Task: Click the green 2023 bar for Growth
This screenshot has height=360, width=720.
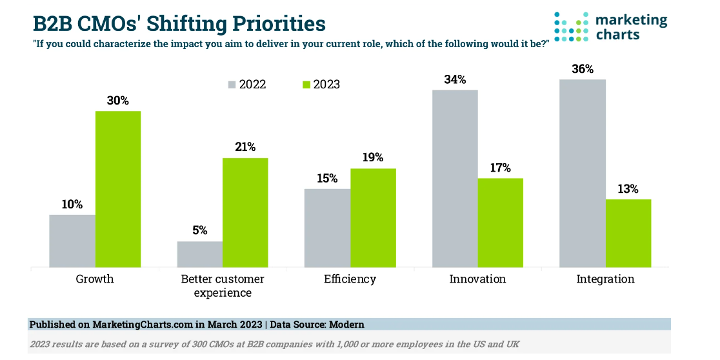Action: pos(118,189)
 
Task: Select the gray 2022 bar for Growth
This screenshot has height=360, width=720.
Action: pos(72,241)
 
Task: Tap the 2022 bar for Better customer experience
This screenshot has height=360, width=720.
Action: pos(200,254)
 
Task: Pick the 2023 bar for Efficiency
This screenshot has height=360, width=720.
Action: pos(373,217)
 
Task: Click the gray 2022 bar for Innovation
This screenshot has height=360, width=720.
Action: pos(455,178)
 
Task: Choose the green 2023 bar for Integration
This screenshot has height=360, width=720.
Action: pos(628,233)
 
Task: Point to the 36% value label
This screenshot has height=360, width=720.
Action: pos(583,69)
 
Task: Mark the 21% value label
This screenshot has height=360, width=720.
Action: pos(245,147)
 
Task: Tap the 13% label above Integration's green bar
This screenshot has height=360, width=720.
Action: pos(628,189)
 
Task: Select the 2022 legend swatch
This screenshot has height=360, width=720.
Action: pos(232,85)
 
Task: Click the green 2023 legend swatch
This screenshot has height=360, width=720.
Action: pos(306,85)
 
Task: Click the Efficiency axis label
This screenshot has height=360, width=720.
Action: pos(350,279)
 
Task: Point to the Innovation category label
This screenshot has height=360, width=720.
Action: pos(477,279)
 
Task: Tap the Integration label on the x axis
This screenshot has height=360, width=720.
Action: pos(605,279)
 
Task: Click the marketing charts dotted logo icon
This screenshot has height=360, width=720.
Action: pos(571,26)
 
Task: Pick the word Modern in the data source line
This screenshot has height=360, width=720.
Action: pos(345,325)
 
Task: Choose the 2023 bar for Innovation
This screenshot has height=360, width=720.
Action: pos(500,223)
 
